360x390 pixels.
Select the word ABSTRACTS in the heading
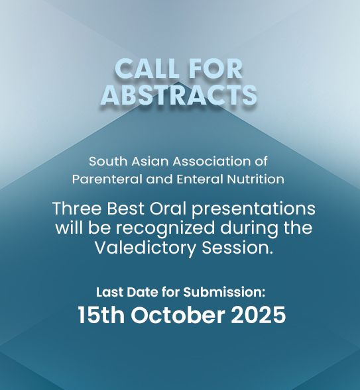coord(179,95)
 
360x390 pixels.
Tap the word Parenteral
coord(100,179)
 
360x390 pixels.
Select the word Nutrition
coord(260,179)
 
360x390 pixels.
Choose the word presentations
coord(255,209)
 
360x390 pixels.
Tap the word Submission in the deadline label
coord(233,292)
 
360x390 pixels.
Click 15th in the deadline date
coord(100,315)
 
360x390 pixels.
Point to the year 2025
coord(259,315)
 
